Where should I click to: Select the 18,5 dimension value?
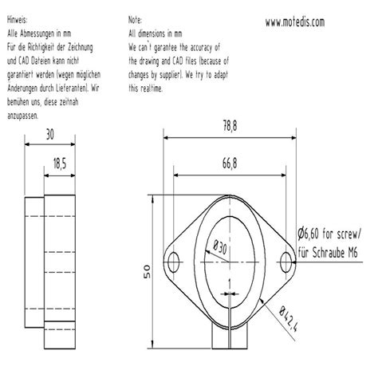point(58,163)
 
